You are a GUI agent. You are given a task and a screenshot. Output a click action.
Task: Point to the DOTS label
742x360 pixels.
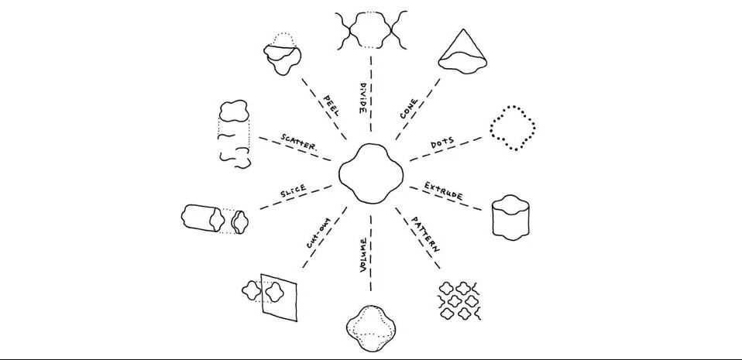[x=444, y=146]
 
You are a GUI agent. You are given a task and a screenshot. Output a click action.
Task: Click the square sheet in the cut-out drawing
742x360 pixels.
[x=280, y=294]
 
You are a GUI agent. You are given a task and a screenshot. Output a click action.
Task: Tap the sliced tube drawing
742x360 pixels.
[x=213, y=218]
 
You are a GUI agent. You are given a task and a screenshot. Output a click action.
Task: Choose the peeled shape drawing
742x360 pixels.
[x=280, y=54]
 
